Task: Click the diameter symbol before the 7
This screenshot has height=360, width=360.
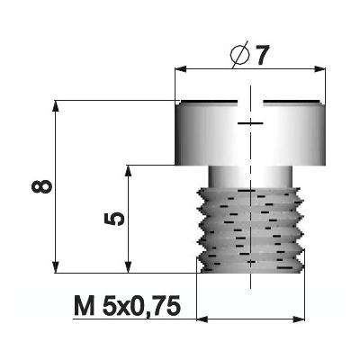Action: click(239, 55)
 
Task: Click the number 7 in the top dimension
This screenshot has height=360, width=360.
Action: click(261, 55)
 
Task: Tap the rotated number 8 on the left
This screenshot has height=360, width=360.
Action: click(41, 186)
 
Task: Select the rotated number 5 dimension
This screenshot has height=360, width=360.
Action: click(114, 219)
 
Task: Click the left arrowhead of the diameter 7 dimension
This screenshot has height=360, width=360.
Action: click(181, 69)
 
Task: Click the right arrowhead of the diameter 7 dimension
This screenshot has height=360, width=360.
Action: click(319, 69)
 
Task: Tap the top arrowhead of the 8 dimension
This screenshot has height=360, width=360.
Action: click(56, 106)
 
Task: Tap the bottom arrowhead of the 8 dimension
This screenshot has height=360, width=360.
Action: click(56, 267)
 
